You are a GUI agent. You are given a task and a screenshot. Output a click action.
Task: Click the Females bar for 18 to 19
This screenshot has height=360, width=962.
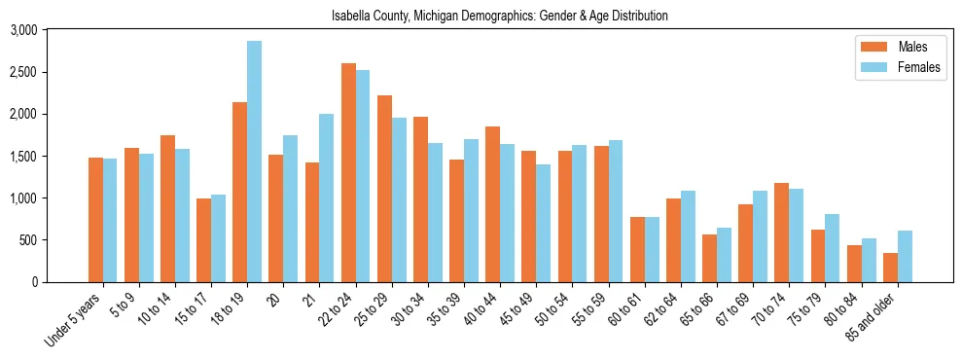pyautogui.click(x=254, y=162)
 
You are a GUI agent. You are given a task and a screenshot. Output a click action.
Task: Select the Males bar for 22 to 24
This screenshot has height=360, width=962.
pyautogui.click(x=348, y=173)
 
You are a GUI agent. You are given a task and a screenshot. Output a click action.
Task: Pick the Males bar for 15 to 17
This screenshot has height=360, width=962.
pyautogui.click(x=203, y=240)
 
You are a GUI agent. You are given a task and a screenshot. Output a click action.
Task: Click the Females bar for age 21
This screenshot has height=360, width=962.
pyautogui.click(x=326, y=198)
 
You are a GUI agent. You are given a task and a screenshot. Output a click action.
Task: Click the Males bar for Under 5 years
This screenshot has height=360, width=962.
pyautogui.click(x=95, y=220)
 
